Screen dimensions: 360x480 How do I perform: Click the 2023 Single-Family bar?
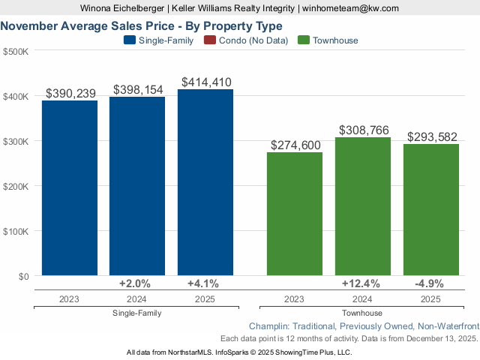pyautogui.click(x=70, y=187)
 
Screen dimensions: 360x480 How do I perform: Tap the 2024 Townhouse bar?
pyautogui.click(x=363, y=206)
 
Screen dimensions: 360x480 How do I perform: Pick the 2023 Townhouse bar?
pyautogui.click(x=295, y=214)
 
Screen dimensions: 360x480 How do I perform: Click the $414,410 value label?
pyautogui.click(x=205, y=82)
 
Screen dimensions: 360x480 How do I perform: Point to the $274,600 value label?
pyautogui.click(x=295, y=145)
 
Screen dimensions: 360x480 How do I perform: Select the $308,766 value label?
pyautogui.click(x=363, y=130)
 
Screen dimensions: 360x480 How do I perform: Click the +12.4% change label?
pyautogui.click(x=363, y=283)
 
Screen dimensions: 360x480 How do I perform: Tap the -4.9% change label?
pyautogui.click(x=430, y=283)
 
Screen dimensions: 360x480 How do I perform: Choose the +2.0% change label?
pyautogui.click(x=137, y=283)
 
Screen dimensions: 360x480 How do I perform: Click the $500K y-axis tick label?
pyautogui.click(x=16, y=52)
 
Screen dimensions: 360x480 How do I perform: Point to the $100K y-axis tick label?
pyautogui.click(x=16, y=231)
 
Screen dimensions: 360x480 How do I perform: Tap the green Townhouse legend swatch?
pyautogui.click(x=304, y=40)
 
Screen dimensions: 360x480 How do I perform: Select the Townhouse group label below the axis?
pyautogui.click(x=362, y=313)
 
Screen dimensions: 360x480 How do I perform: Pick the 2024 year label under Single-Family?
pyautogui.click(x=137, y=298)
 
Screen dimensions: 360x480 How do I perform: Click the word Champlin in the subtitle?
pyautogui.click(x=270, y=326)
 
